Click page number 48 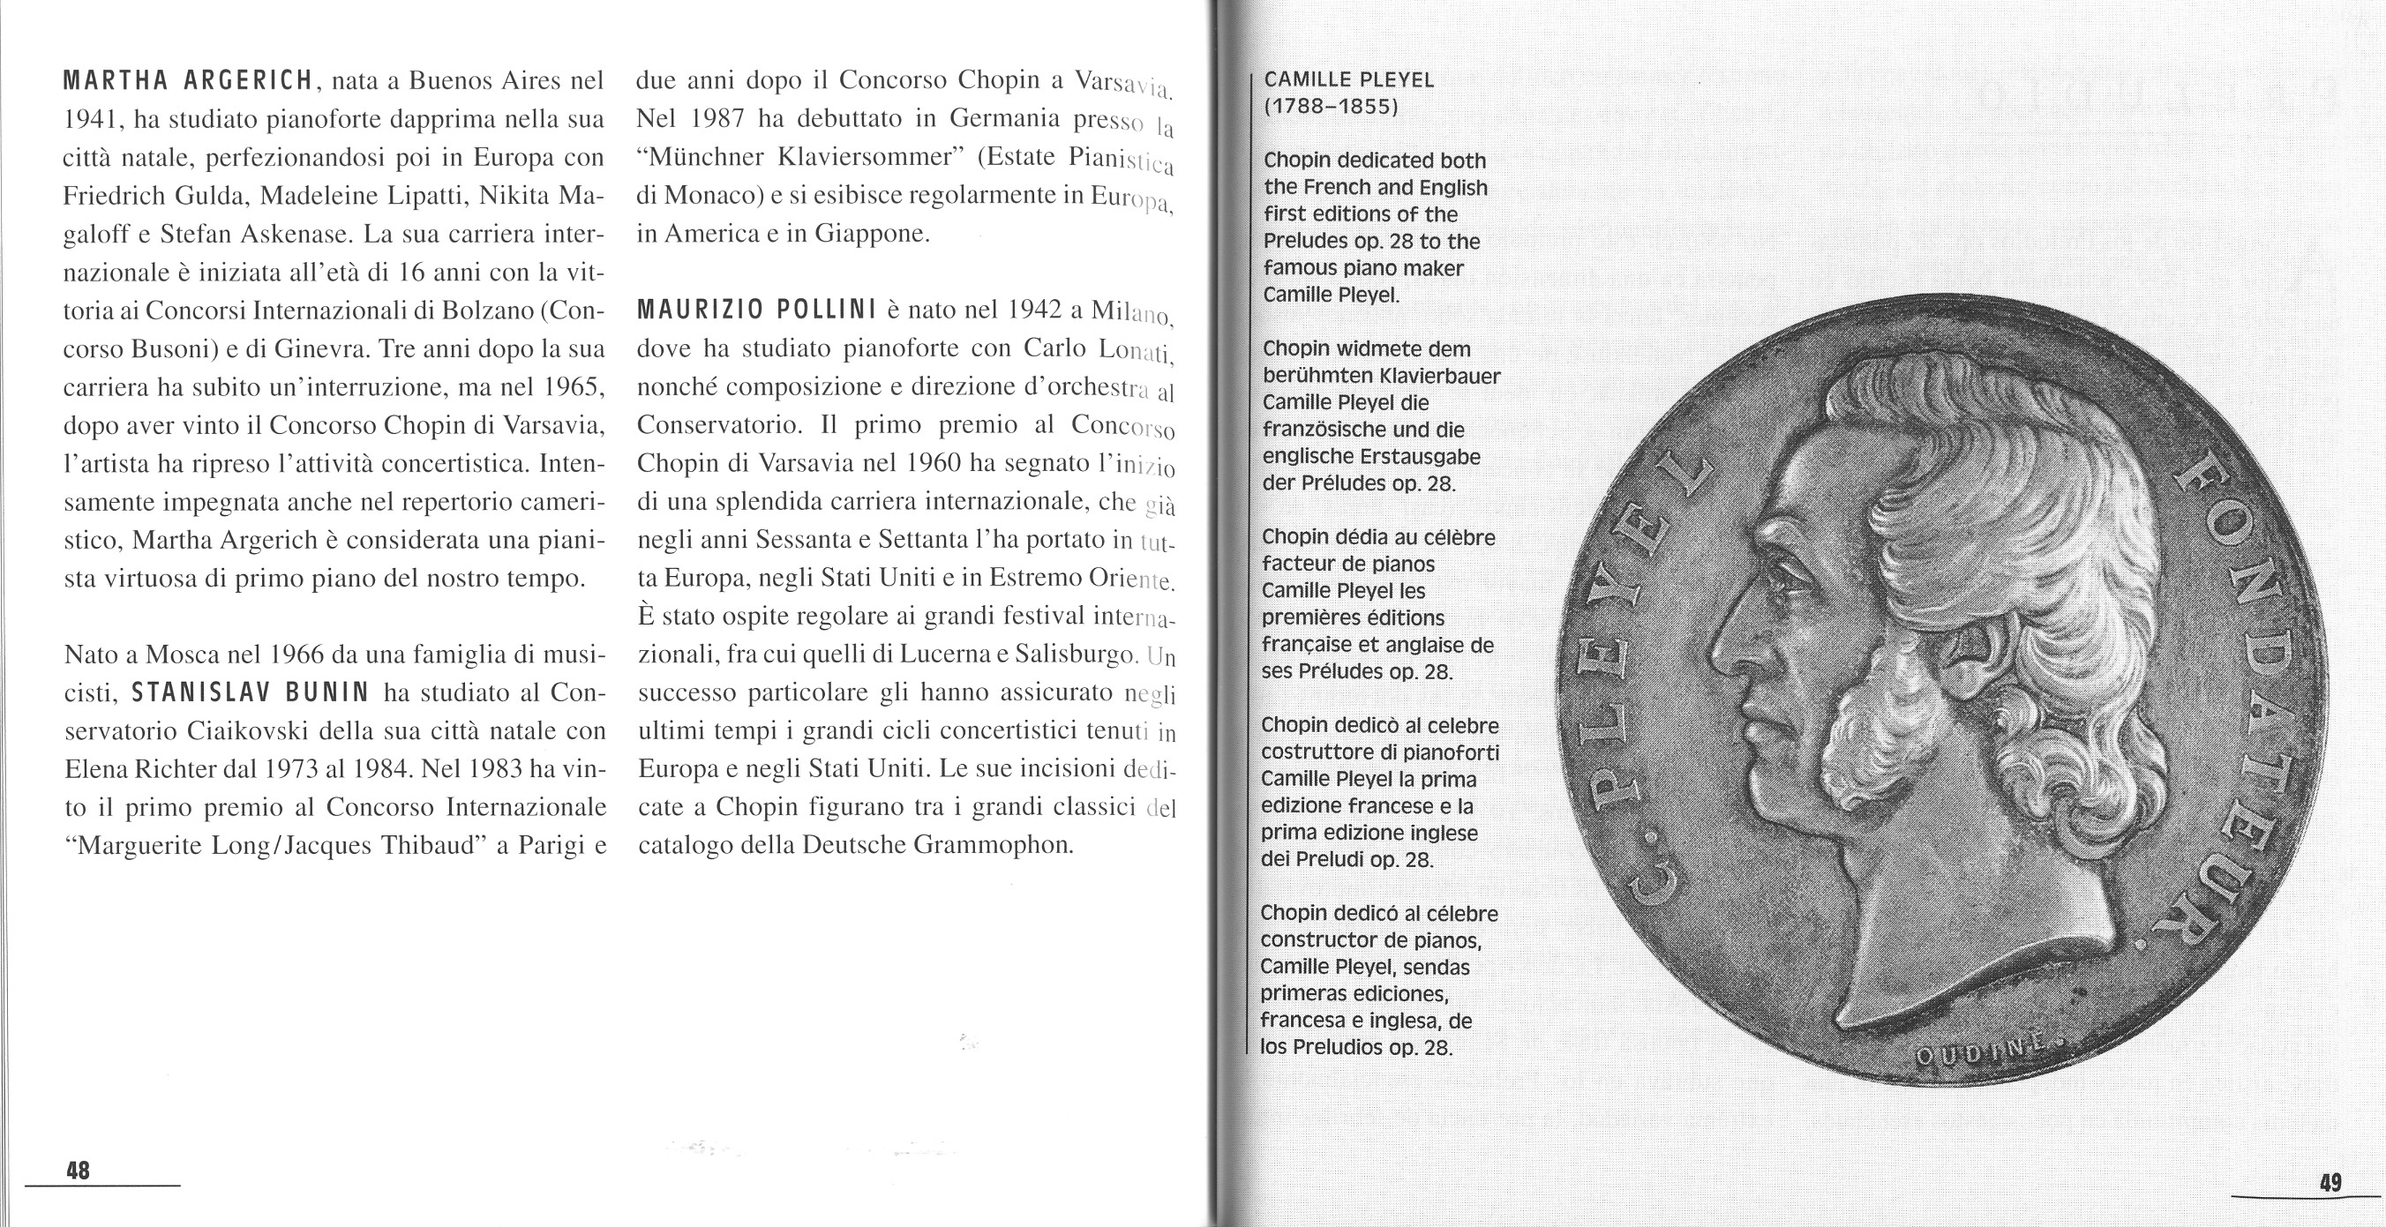click(x=79, y=1171)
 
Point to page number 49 click(x=2331, y=1208)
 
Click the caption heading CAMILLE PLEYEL click(x=1348, y=79)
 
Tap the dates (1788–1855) click(x=1331, y=107)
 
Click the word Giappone click(x=871, y=234)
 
